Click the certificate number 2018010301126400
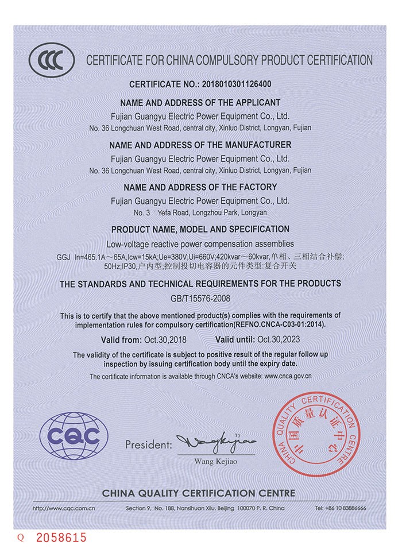(x=236, y=84)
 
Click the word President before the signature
(x=148, y=445)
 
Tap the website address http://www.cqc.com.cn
(x=64, y=509)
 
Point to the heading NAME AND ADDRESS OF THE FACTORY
(x=200, y=187)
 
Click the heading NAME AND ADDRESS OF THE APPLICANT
(x=200, y=102)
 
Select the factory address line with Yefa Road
(x=200, y=212)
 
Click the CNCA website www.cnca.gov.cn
(x=288, y=376)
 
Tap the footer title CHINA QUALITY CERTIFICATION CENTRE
(x=199, y=493)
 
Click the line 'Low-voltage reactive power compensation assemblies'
(x=200, y=243)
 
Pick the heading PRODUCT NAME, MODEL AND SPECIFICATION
(x=200, y=229)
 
